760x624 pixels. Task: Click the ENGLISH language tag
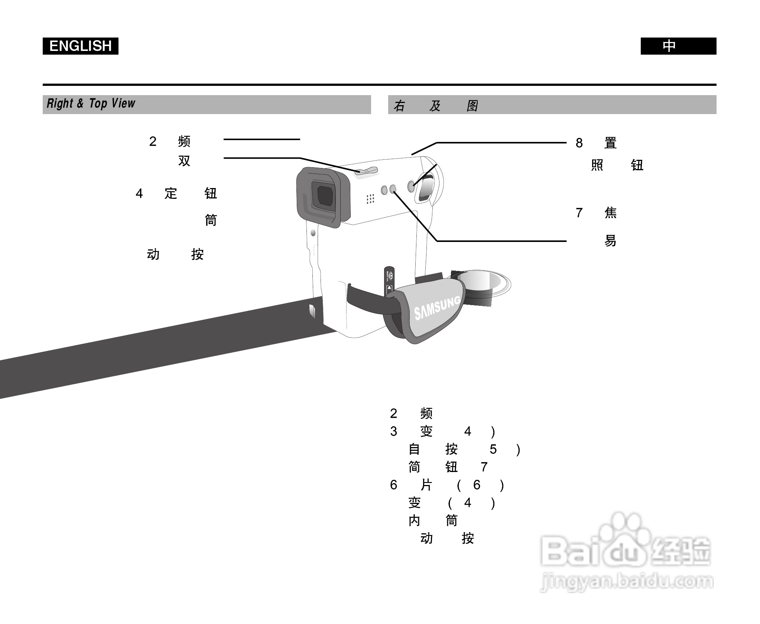(80, 46)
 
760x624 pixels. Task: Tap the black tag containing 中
(678, 46)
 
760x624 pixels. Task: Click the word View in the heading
(124, 103)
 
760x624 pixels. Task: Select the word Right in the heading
(60, 103)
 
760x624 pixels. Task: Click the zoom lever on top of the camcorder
(366, 171)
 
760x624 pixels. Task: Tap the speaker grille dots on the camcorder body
(370, 199)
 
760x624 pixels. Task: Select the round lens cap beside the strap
(483, 284)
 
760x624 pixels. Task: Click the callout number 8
(579, 143)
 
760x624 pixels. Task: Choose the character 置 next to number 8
(610, 143)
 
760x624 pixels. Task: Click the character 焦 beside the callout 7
(610, 213)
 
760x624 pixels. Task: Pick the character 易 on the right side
(610, 241)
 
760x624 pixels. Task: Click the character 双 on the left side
(184, 161)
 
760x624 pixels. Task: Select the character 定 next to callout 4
(170, 193)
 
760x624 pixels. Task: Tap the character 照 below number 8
(597, 165)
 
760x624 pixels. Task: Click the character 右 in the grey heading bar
(399, 106)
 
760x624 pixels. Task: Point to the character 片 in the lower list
(426, 485)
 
